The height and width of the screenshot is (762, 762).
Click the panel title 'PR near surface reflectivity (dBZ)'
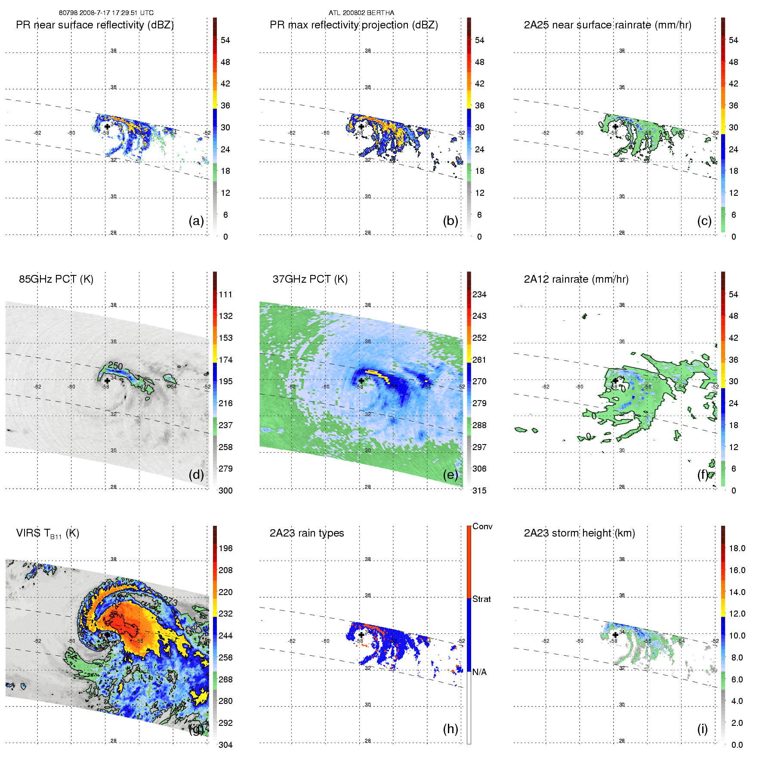[x=95, y=25]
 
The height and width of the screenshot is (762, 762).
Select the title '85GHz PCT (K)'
[x=56, y=279]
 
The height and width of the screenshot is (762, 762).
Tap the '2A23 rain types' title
[x=306, y=533]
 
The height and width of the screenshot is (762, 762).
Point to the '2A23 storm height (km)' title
[x=579, y=533]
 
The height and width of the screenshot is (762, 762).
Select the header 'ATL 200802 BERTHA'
[x=361, y=13]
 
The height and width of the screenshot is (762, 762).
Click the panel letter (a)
[x=196, y=221]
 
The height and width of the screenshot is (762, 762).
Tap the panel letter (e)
[x=450, y=475]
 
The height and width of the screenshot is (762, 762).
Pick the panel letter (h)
[x=450, y=729]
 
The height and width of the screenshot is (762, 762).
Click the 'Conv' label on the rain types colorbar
[x=482, y=527]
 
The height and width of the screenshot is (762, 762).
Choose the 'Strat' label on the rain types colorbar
[x=481, y=599]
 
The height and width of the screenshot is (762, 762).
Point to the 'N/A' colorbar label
[x=479, y=672]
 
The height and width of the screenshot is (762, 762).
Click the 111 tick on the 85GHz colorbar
[x=225, y=295]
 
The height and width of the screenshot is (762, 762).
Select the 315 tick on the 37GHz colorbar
[x=479, y=491]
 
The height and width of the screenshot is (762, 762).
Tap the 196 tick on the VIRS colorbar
[x=225, y=549]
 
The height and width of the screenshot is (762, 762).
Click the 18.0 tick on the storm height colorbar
[x=737, y=549]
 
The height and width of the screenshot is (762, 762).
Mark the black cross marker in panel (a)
[x=107, y=126]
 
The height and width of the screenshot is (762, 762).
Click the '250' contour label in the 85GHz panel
[x=115, y=366]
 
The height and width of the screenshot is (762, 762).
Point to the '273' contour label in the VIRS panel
[x=171, y=602]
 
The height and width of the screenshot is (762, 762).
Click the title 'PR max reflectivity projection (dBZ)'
[x=354, y=25]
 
